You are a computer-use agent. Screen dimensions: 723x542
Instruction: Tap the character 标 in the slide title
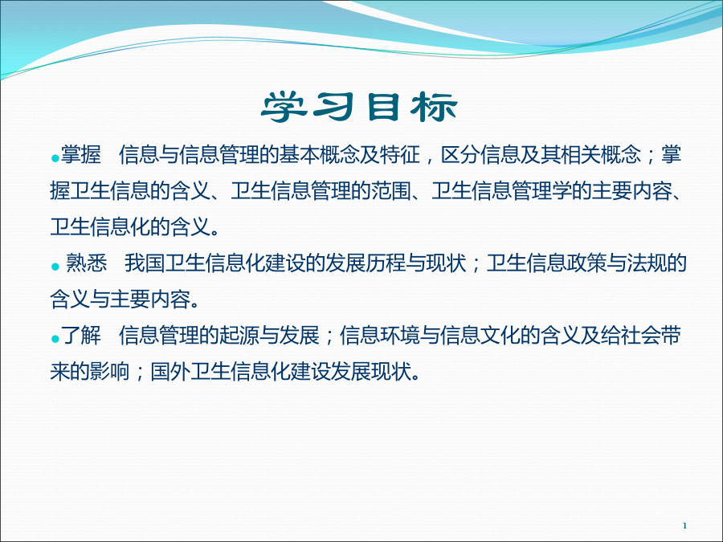pos(434,107)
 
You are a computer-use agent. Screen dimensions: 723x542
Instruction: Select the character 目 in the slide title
pos(382,107)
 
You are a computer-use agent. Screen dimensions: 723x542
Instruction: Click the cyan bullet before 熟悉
pos(55,267)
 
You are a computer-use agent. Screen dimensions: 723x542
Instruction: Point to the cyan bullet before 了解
pos(55,339)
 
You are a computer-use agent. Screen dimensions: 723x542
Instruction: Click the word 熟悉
pos(86,263)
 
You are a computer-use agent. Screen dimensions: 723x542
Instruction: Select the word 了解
pos(81,335)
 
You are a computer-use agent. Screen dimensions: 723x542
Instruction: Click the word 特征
pos(400,154)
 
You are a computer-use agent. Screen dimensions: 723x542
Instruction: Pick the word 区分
pos(460,154)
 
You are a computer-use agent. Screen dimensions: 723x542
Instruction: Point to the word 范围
pos(391,190)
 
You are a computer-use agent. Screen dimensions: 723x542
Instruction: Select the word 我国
pos(145,263)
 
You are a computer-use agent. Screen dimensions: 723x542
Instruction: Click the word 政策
pos(586,263)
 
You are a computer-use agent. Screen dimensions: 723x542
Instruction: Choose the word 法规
pos(647,263)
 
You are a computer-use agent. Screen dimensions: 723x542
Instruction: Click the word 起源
pos(239,335)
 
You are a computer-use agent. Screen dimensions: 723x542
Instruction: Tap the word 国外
pos(170,372)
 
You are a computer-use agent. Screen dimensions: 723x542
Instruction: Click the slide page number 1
pos(684,525)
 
